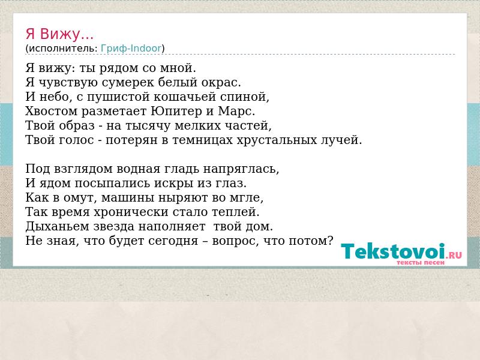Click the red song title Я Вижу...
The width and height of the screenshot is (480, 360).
[x=59, y=34]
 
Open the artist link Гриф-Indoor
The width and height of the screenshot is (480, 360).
[x=131, y=49]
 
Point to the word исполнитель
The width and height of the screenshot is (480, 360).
[x=63, y=49]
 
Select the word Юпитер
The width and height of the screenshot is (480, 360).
[x=176, y=111]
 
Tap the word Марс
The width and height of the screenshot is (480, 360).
[x=236, y=111]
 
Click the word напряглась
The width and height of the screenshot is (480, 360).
[x=241, y=169]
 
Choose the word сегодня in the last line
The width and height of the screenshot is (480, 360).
[x=173, y=241]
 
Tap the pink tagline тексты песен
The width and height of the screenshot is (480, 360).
[x=421, y=263]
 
